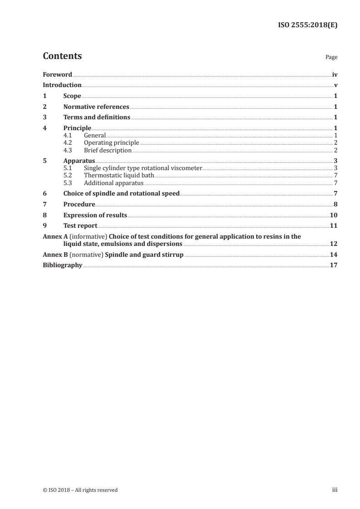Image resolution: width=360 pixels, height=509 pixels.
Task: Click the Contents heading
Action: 62,56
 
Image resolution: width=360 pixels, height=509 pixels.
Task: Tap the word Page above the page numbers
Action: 331,58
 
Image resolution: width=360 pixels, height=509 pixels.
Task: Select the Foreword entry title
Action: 57,74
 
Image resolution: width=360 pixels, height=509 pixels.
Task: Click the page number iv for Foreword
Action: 335,74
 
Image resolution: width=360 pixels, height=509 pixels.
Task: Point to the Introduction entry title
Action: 62,85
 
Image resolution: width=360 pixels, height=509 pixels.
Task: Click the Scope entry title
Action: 72,96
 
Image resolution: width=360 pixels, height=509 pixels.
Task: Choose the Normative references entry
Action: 96,107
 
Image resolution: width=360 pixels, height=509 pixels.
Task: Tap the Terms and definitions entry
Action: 97,117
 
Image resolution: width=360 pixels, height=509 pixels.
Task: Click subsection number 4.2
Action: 68,143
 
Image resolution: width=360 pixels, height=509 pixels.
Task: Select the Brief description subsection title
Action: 108,150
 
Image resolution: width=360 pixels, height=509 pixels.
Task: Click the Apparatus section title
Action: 79,161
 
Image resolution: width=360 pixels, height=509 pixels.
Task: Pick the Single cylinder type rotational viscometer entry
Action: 143,168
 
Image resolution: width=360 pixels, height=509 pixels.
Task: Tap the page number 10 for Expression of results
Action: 334,215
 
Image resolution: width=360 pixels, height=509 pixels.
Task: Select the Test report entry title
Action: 80,226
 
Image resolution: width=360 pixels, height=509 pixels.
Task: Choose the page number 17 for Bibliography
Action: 334,265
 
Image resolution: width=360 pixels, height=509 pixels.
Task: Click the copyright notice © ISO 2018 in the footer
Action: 80,490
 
